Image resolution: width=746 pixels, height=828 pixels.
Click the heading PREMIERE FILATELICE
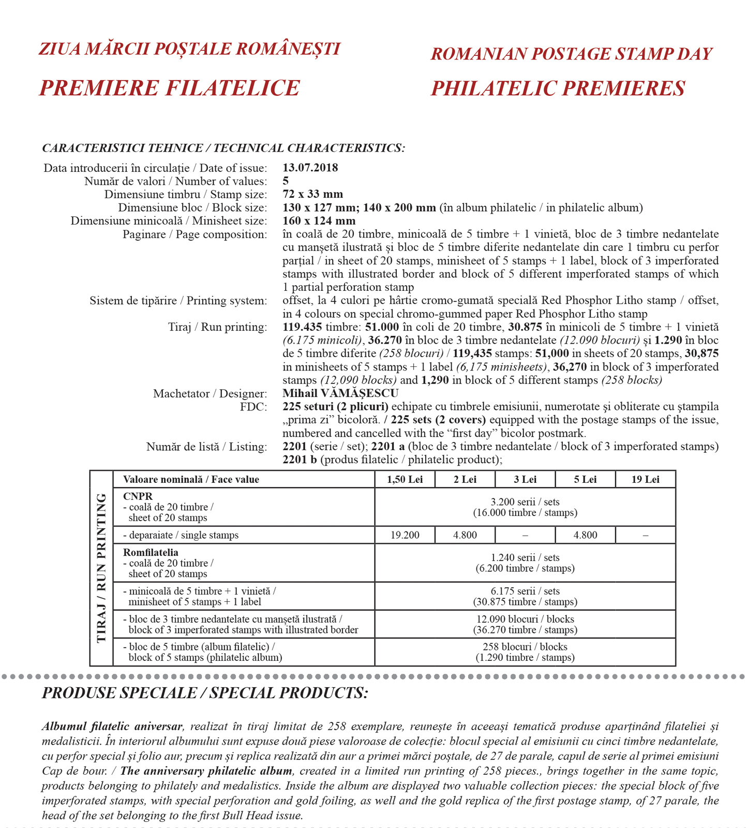click(169, 88)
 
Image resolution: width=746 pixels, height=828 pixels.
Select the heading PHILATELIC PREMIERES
click(558, 88)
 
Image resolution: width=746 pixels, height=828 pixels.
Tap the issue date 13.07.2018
click(310, 168)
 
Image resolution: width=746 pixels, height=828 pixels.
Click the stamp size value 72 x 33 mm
click(312, 194)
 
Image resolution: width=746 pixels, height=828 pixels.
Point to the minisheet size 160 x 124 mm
click(319, 221)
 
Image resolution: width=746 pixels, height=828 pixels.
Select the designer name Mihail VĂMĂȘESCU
click(340, 393)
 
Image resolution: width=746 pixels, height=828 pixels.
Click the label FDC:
click(253, 407)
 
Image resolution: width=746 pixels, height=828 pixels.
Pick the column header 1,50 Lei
click(405, 479)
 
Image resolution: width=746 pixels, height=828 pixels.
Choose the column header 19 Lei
click(645, 479)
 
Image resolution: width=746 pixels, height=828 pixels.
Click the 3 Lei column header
click(525, 479)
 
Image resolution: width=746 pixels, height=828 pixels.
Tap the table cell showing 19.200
click(405, 535)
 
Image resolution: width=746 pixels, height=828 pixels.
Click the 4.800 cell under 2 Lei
click(465, 535)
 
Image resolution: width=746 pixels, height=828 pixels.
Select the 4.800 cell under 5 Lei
click(585, 535)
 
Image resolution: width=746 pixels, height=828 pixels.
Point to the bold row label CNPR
click(138, 496)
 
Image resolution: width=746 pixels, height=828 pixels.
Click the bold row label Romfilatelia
click(151, 553)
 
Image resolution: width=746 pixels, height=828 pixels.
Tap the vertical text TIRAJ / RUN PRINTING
click(101, 568)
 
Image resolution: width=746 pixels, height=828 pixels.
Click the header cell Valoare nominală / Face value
click(191, 479)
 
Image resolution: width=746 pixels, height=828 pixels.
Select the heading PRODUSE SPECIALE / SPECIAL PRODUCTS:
click(205, 693)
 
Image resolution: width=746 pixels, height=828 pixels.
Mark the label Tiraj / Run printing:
click(217, 327)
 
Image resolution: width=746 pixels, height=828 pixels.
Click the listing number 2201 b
click(300, 460)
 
